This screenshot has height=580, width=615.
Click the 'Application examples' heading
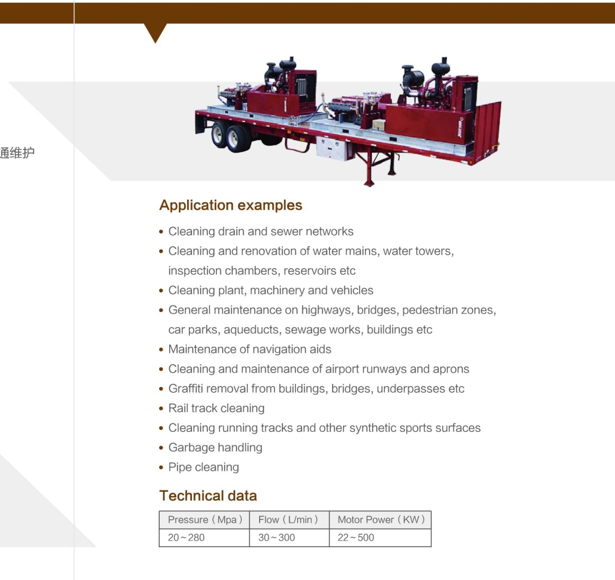231,205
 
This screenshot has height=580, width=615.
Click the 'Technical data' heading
208,495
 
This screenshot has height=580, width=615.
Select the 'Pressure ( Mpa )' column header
205,520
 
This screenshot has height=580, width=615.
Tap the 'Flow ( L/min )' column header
288,520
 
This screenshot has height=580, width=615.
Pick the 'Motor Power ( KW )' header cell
381,520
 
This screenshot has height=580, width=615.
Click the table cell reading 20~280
186,538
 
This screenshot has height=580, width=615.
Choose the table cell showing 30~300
277,538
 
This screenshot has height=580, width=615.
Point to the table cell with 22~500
356,538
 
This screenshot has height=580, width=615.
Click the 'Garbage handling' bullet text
215,448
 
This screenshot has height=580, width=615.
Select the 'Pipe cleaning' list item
204,467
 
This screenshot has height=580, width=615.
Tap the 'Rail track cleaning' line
216,408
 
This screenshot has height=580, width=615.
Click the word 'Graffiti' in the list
186,389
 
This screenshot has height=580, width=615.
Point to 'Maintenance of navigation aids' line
250,349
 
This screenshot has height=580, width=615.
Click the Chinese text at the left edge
17,153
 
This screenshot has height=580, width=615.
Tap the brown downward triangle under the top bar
155,32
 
